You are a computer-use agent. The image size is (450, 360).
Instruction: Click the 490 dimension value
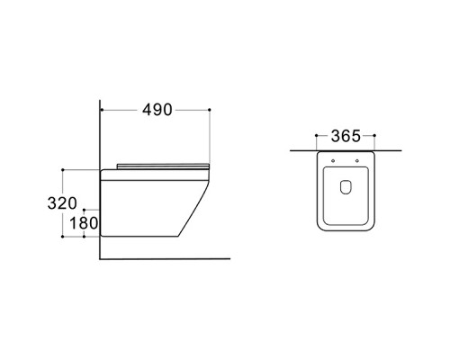click(157, 110)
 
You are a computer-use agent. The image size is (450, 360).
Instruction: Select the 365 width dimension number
click(346, 136)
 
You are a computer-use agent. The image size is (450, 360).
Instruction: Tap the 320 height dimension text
click(62, 203)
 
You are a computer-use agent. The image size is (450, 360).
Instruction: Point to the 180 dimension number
click(84, 223)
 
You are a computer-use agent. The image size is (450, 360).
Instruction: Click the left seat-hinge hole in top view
click(333, 161)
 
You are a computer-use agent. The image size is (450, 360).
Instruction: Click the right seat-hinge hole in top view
click(356, 161)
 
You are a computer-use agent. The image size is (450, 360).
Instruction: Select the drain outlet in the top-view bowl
click(346, 187)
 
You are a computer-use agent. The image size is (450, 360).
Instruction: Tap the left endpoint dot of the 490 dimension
click(102, 110)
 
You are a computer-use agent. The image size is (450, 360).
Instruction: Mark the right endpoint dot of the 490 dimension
click(210, 110)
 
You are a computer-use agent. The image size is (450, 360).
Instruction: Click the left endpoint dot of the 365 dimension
click(317, 136)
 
